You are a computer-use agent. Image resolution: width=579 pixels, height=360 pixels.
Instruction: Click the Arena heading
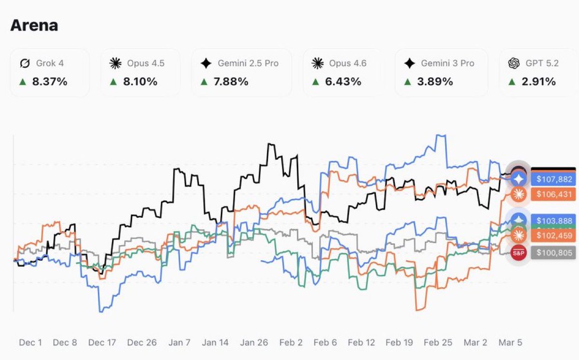(34, 25)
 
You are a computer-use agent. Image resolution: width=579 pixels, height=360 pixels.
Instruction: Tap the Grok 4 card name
(50, 63)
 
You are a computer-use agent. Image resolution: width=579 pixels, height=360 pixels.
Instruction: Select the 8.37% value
(50, 82)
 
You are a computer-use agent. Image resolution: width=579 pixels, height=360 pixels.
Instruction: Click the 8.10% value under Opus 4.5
(140, 82)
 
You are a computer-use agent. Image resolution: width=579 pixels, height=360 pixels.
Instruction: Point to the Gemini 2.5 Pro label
(248, 63)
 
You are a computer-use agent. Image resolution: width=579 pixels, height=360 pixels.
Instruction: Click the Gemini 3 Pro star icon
(410, 63)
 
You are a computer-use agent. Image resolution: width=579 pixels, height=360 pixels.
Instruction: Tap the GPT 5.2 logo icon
(514, 63)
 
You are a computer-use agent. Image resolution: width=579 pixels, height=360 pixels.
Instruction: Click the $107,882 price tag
(554, 180)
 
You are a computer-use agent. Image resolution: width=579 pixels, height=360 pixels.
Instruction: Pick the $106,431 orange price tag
(554, 194)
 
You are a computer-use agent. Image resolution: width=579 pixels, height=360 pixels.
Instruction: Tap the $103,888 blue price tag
(554, 219)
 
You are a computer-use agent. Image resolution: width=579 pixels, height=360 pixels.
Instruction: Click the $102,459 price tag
(554, 235)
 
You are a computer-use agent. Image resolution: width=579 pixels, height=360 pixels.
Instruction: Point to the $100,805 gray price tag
(554, 252)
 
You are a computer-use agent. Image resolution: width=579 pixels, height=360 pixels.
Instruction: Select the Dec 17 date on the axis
(102, 343)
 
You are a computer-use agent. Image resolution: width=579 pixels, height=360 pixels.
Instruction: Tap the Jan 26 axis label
(254, 343)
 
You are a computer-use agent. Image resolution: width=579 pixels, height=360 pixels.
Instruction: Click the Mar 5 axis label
(510, 343)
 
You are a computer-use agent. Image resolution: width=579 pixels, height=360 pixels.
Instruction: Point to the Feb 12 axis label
(361, 343)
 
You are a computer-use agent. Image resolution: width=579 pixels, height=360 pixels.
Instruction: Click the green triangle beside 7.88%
(204, 82)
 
